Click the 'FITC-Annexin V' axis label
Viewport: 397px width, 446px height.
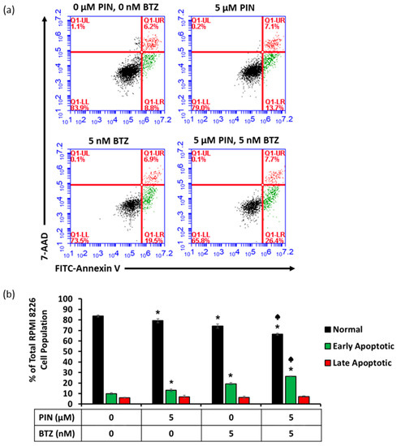[x=87, y=266]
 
